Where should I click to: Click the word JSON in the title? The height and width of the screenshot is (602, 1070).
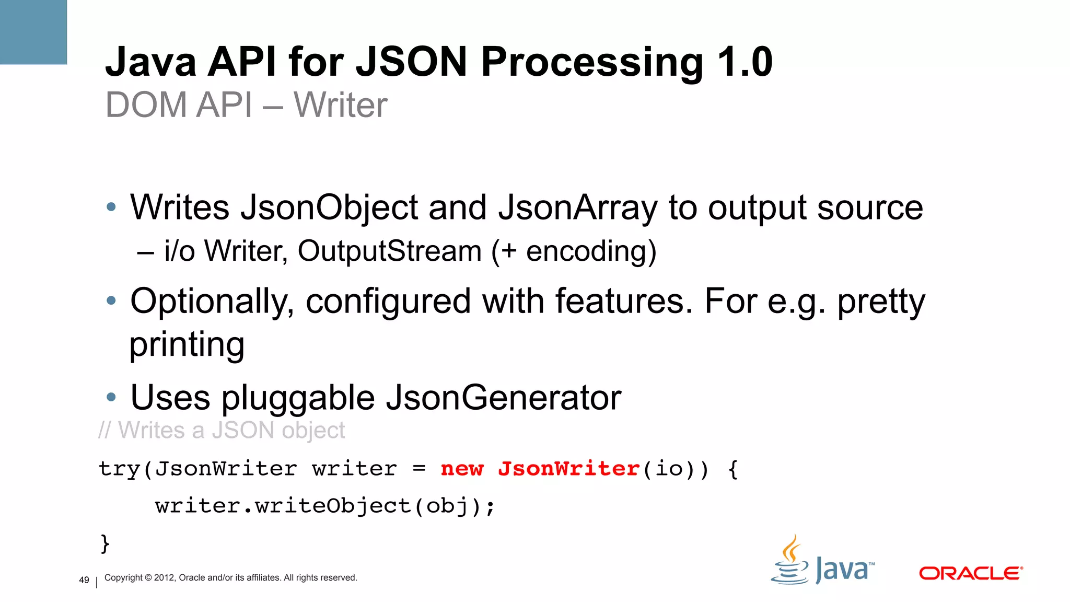[411, 62]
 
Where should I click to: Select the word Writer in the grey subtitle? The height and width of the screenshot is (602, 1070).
[340, 105]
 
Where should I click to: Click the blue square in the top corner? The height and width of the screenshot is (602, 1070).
[33, 32]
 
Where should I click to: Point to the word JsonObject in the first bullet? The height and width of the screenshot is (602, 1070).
[329, 208]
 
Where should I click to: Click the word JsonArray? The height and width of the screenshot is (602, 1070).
[577, 208]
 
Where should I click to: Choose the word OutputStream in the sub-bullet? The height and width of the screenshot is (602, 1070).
[389, 251]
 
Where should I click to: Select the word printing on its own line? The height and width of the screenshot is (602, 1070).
[187, 345]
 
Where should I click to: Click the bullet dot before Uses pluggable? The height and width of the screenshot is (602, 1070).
[111, 398]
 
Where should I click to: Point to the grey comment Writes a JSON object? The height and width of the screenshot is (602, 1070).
[222, 431]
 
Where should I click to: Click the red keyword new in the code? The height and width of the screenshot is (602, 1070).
[462, 469]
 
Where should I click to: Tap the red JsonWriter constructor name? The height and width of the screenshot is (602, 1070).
[568, 469]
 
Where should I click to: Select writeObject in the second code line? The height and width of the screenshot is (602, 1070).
[333, 506]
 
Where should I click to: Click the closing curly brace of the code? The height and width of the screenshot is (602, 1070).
[105, 543]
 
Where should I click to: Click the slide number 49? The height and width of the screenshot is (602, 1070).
[84, 580]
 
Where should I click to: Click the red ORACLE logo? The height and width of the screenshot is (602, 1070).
[970, 573]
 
